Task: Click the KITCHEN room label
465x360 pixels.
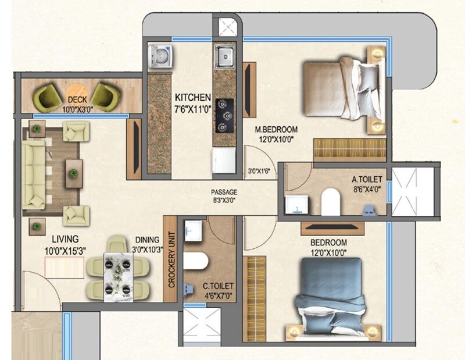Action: coord(191,97)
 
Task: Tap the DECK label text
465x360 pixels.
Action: coord(76,99)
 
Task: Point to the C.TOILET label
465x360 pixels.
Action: coord(219,286)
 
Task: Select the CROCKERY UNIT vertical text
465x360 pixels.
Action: coord(171,259)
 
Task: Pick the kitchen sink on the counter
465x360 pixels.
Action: coord(224,56)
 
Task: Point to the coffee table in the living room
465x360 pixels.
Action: coord(73,173)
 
